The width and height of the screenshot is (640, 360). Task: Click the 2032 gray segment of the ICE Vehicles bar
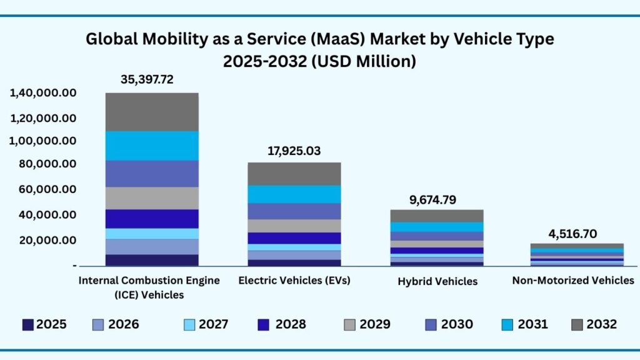pyautogui.click(x=152, y=111)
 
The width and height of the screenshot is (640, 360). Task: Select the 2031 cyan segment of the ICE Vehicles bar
pyautogui.click(x=152, y=145)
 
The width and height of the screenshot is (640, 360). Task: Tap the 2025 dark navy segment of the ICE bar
pyautogui.click(x=152, y=260)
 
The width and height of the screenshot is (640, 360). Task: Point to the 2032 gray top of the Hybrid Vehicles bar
pyautogui.click(x=436, y=216)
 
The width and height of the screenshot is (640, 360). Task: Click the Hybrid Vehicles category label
pyautogui.click(x=437, y=281)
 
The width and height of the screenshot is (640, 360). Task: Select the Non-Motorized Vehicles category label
pyautogui.click(x=573, y=280)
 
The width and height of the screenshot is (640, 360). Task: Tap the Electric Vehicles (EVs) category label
pyautogui.click(x=294, y=280)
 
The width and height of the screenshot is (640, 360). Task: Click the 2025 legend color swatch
pyautogui.click(x=27, y=324)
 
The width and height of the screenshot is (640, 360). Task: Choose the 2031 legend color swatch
pyautogui.click(x=507, y=324)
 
